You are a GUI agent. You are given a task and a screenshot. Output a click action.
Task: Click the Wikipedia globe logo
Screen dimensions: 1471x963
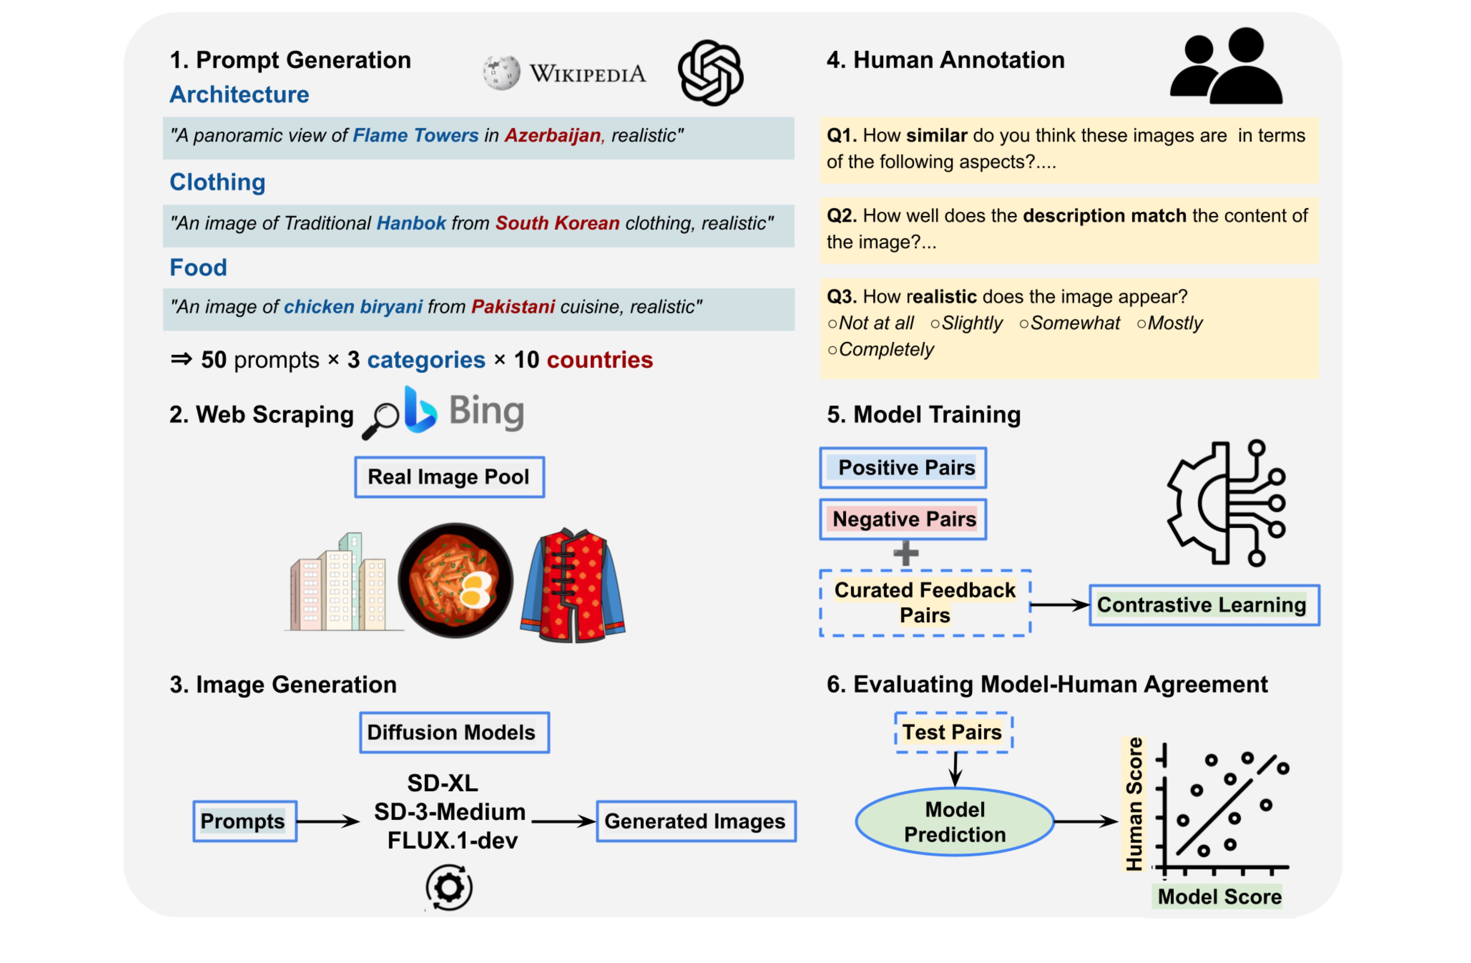(501, 73)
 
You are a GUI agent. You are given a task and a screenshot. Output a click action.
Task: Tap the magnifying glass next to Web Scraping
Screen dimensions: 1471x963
(381, 421)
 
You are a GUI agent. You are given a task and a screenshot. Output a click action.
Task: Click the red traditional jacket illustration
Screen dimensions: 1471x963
(573, 585)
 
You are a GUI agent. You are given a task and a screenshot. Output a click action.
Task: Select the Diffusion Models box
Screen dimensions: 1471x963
(454, 732)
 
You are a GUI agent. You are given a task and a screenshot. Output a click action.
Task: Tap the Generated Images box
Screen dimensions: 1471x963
(696, 821)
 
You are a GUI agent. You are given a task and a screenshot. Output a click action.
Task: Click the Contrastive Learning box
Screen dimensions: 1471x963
(1204, 605)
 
